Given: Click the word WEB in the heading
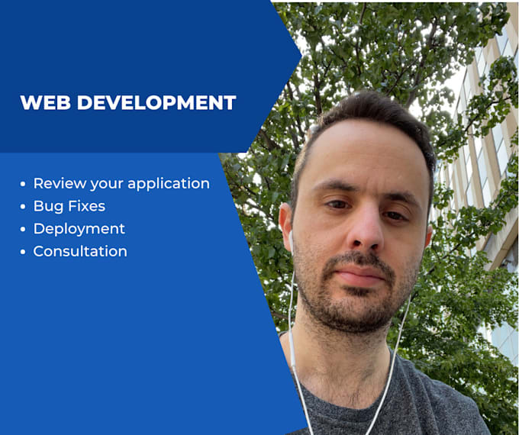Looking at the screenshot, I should pos(42,103).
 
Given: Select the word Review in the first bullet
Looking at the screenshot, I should pos(60,183).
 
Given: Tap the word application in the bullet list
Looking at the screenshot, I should pos(169,184).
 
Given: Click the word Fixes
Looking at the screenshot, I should pos(85,206).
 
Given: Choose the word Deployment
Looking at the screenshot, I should pos(79,229).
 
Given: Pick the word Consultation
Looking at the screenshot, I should pos(80,251).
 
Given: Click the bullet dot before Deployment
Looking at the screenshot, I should pos(24,229).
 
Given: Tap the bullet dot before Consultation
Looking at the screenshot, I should pos(24,252).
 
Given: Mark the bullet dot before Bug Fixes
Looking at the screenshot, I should pos(24,207).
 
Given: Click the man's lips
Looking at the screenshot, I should pos(360,275).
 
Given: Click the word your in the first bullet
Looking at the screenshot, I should pos(108,184).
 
